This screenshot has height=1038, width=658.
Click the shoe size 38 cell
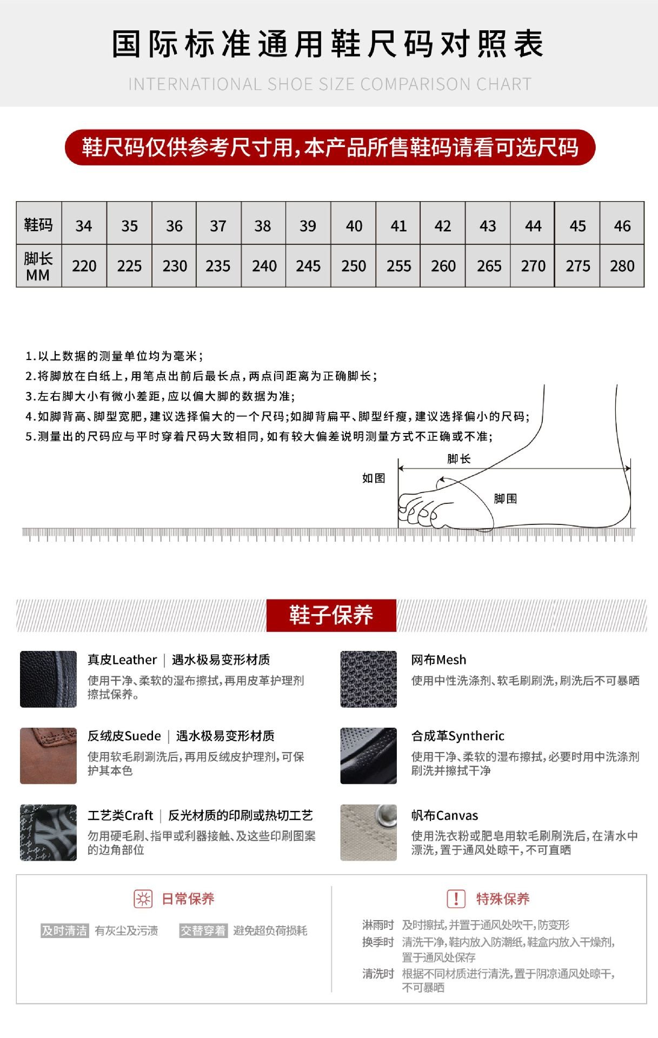pos(263,225)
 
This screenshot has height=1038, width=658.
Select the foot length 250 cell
pos(354,266)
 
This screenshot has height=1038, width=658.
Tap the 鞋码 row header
pos(38,224)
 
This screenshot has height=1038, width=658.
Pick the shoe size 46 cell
pos(622,225)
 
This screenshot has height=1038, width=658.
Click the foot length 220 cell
pos(84,266)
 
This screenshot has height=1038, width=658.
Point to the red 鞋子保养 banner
pos(331,615)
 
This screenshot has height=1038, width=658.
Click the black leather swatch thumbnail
pos(48,679)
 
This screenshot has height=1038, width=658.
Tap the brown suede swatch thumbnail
pos(48,755)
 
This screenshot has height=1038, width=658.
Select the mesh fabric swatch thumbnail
pos(368,679)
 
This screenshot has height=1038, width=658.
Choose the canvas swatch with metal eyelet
pos(368,832)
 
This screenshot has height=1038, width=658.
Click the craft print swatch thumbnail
pos(48,832)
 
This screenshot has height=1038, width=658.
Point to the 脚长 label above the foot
pos(459,459)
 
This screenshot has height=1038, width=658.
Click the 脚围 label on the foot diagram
pos(506,498)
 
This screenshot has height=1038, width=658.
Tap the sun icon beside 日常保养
pos(143,899)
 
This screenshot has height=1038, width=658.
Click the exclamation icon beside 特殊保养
pos(456,899)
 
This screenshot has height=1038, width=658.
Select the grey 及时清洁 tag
pos(65,930)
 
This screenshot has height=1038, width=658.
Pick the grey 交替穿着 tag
pos(203,930)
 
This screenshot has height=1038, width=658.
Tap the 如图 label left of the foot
pos(374,478)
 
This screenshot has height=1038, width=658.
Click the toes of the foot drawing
pos(419,511)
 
